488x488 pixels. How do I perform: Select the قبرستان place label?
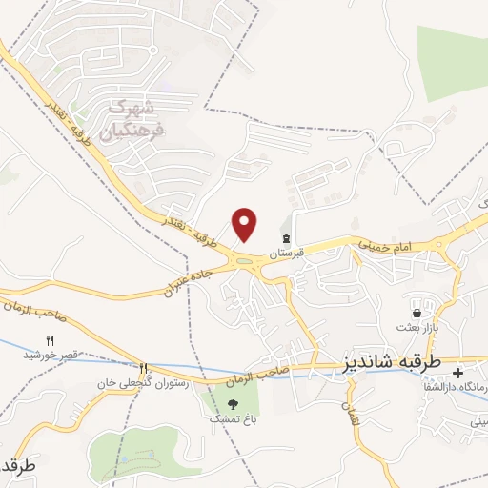coord(286,254)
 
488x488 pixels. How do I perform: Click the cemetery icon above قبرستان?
coord(285,238)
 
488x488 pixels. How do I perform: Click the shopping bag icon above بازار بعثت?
coord(417,313)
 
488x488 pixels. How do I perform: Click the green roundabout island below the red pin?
coord(246,261)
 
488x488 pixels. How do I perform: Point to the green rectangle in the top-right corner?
coord(453,63)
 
